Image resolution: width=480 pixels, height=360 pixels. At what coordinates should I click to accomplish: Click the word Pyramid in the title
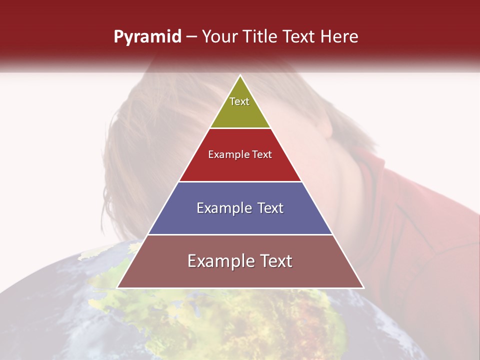coord(147,37)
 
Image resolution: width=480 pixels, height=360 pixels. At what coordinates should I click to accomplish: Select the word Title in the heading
coord(259,37)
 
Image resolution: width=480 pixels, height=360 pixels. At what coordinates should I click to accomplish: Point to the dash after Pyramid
coord(191,37)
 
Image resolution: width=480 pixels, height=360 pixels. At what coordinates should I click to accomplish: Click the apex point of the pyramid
coord(240,76)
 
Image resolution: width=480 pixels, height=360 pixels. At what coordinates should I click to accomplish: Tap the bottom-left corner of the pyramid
coord(118,287)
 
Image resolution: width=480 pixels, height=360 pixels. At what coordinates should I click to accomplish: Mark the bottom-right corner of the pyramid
coord(363,287)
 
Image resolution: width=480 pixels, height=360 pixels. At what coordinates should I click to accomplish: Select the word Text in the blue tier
coord(267,208)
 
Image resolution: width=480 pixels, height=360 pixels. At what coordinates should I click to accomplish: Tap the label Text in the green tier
coord(239,101)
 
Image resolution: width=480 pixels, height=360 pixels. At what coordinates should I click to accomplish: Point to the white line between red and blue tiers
coord(240,181)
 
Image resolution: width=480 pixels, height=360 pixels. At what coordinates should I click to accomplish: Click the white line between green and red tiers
coord(240,128)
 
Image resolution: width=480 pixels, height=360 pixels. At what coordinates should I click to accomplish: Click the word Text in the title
coord(300,37)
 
